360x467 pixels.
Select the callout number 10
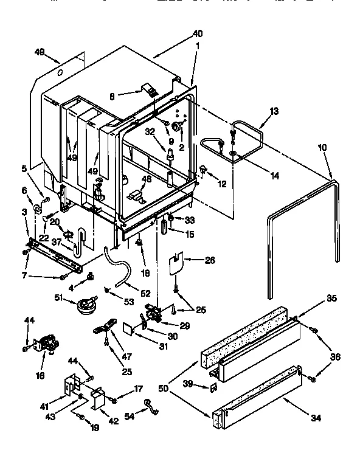322,148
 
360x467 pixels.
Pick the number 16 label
40,376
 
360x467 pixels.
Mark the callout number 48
146,179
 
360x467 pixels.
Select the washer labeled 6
37,210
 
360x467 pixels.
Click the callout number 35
331,299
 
